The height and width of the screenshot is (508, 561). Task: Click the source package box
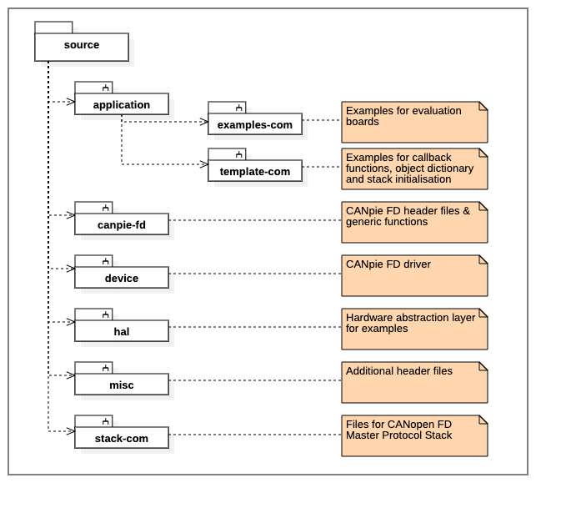82,47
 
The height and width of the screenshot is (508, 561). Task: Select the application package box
122,104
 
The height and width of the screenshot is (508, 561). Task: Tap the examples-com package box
255,124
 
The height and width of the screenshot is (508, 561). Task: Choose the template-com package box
255,171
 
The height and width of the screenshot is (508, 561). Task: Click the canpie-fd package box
122,224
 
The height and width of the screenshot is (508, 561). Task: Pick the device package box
122,278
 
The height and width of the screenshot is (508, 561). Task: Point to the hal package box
122,331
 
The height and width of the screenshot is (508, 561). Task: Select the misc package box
122,385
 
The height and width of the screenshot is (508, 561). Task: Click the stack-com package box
122,438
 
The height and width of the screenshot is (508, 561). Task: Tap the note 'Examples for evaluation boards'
413,122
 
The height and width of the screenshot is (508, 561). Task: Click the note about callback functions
413,168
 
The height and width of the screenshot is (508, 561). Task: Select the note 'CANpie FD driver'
413,275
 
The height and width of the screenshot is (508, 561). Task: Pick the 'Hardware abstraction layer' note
413,329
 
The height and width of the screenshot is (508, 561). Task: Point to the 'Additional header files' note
413,382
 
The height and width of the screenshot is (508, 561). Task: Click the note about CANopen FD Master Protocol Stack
413,435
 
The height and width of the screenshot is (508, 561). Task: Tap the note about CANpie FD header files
413,222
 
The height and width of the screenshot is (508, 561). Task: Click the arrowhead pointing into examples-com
203,122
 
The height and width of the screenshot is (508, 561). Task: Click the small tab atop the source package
53,28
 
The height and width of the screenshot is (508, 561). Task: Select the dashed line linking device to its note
254,274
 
